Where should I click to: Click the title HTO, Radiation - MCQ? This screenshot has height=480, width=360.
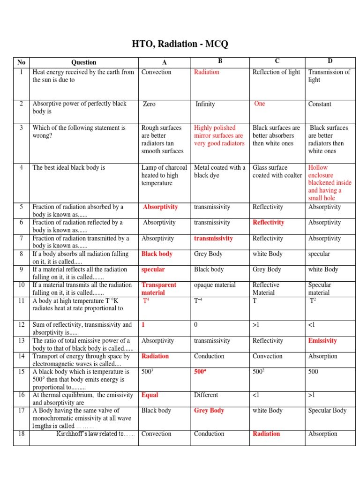[180, 44]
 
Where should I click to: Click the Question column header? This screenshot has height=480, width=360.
[83, 62]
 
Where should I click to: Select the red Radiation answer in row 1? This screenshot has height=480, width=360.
[206, 72]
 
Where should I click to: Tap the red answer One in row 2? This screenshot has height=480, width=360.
[259, 104]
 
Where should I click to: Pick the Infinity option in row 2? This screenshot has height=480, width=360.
[205, 104]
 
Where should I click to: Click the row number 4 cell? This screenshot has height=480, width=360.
[21, 167]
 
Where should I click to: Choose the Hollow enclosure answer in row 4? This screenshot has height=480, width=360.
[330, 183]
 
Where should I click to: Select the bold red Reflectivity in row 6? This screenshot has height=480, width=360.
[268, 223]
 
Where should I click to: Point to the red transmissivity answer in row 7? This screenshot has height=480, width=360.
[213, 238]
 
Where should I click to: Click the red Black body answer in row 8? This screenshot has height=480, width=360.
[157, 254]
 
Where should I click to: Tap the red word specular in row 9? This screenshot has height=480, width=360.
[153, 270]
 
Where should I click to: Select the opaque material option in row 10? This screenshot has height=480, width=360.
[215, 285]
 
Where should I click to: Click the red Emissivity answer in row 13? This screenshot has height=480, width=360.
[322, 341]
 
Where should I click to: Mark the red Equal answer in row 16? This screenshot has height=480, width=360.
[150, 395]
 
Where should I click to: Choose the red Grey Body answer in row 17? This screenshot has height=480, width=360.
[209, 411]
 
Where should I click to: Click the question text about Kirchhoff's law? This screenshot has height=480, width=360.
[95, 434]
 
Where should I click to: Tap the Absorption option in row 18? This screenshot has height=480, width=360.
[322, 434]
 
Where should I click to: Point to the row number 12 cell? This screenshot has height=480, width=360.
[21, 325]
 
